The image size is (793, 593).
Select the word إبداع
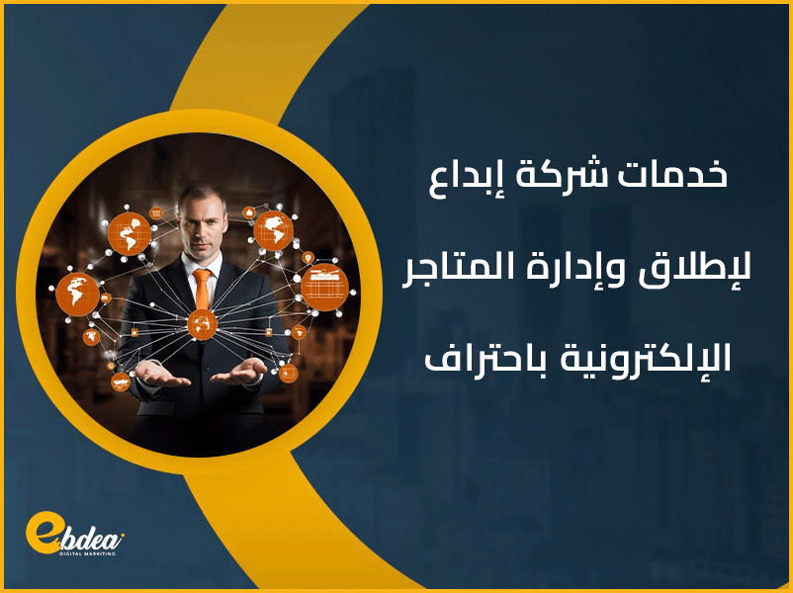point(464,178)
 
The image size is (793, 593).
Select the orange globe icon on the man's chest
point(201,322)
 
